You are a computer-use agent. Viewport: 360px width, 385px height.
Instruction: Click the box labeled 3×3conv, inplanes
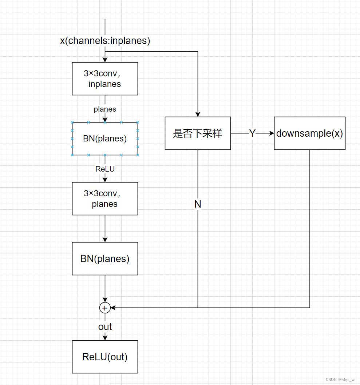point(105,79)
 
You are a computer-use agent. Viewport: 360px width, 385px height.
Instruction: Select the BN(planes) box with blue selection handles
point(105,139)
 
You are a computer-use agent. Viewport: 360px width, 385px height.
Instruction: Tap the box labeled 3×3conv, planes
point(105,198)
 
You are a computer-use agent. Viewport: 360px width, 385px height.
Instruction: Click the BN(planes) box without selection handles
point(105,258)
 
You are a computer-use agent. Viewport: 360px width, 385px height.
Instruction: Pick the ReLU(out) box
point(105,357)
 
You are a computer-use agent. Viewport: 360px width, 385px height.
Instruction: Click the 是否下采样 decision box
point(198,133)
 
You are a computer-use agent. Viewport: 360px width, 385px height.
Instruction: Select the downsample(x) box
point(309,133)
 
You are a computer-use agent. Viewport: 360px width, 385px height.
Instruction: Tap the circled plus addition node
point(105,308)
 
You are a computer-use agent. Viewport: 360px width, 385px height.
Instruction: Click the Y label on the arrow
point(252,133)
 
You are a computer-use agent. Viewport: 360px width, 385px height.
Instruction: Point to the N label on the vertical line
point(198,204)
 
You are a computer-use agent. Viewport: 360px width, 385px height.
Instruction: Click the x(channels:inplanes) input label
point(105,41)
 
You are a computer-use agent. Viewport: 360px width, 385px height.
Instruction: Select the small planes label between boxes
point(105,109)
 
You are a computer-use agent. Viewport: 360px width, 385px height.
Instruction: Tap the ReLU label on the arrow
point(105,169)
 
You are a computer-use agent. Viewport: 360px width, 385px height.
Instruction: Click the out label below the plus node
point(105,327)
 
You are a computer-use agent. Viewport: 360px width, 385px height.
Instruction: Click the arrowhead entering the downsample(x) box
point(272,133)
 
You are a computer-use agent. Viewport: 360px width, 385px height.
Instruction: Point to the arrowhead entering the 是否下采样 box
point(198,114)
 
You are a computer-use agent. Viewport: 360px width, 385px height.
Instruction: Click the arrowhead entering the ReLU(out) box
point(105,338)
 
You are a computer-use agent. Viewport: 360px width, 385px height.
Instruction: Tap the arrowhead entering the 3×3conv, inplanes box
point(105,60)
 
